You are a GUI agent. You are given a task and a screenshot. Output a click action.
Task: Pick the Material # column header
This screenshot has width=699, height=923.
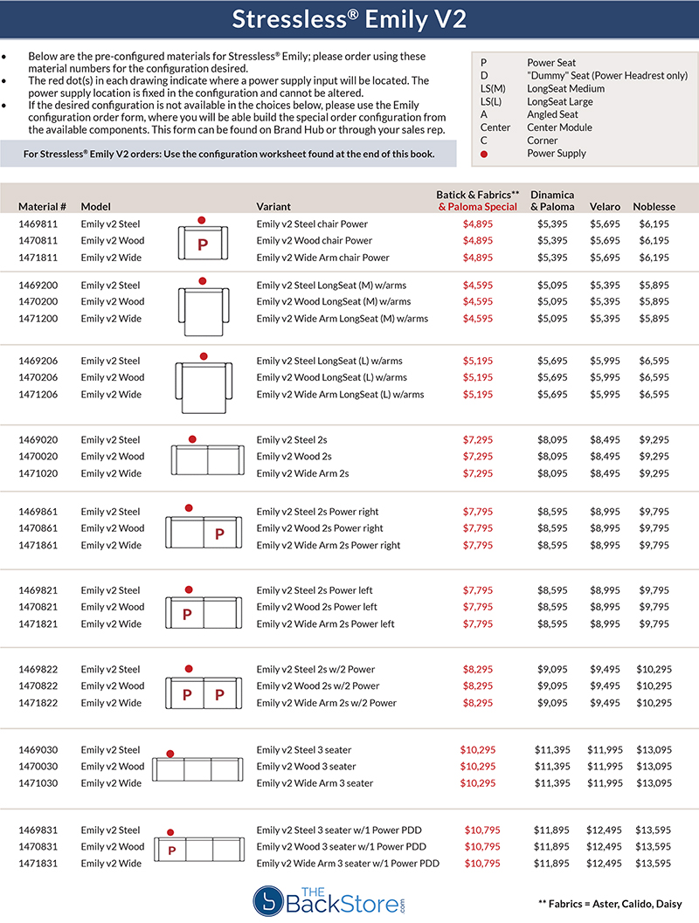click(43, 207)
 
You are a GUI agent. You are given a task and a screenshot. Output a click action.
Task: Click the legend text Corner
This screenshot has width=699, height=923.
click(543, 141)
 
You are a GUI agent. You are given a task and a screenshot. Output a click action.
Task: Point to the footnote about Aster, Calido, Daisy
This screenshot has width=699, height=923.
click(610, 904)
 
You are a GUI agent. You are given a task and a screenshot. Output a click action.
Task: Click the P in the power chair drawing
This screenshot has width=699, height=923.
click(203, 245)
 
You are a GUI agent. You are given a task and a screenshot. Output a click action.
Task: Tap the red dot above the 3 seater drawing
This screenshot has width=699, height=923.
click(170, 752)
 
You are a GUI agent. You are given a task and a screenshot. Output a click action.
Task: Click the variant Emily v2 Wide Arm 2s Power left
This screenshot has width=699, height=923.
click(326, 624)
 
